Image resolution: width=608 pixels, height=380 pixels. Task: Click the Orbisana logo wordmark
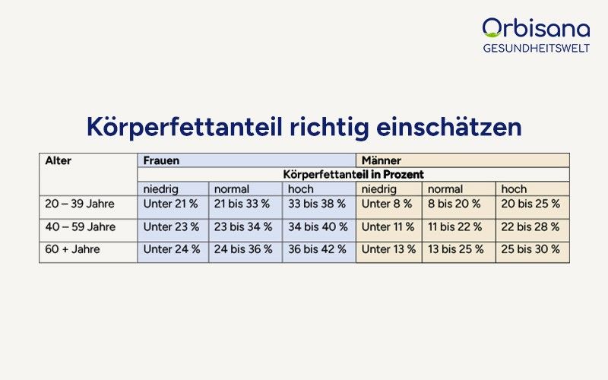pos(537,28)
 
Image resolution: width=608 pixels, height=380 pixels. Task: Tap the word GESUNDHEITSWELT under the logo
pos(537,48)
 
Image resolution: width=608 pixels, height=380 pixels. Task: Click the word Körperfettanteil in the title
pos(185,127)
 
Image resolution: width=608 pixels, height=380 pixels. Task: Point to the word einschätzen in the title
pos(449,126)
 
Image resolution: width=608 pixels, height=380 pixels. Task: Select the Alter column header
pos(59,160)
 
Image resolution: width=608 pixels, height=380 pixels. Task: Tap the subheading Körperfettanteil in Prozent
pos(353,175)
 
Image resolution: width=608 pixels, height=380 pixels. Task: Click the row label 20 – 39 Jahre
pos(80,204)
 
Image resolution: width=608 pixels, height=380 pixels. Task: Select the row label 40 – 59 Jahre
pos(81,226)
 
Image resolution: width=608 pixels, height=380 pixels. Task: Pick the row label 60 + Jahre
pos(72,249)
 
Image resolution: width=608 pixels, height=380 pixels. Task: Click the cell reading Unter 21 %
pos(170,204)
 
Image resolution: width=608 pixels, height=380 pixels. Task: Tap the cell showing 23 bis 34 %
pos(243,226)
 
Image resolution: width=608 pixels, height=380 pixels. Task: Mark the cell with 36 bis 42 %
pos(317,249)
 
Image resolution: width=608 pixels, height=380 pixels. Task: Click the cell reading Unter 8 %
pos(387,204)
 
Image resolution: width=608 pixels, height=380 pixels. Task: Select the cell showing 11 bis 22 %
pos(454,226)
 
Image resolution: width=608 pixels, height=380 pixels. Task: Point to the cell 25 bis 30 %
pos(530,249)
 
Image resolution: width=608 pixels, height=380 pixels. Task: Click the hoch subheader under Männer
pos(514,189)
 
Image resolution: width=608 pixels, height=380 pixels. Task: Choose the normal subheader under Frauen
pos(232,189)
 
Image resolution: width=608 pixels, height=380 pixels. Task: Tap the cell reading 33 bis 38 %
pos(317,204)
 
